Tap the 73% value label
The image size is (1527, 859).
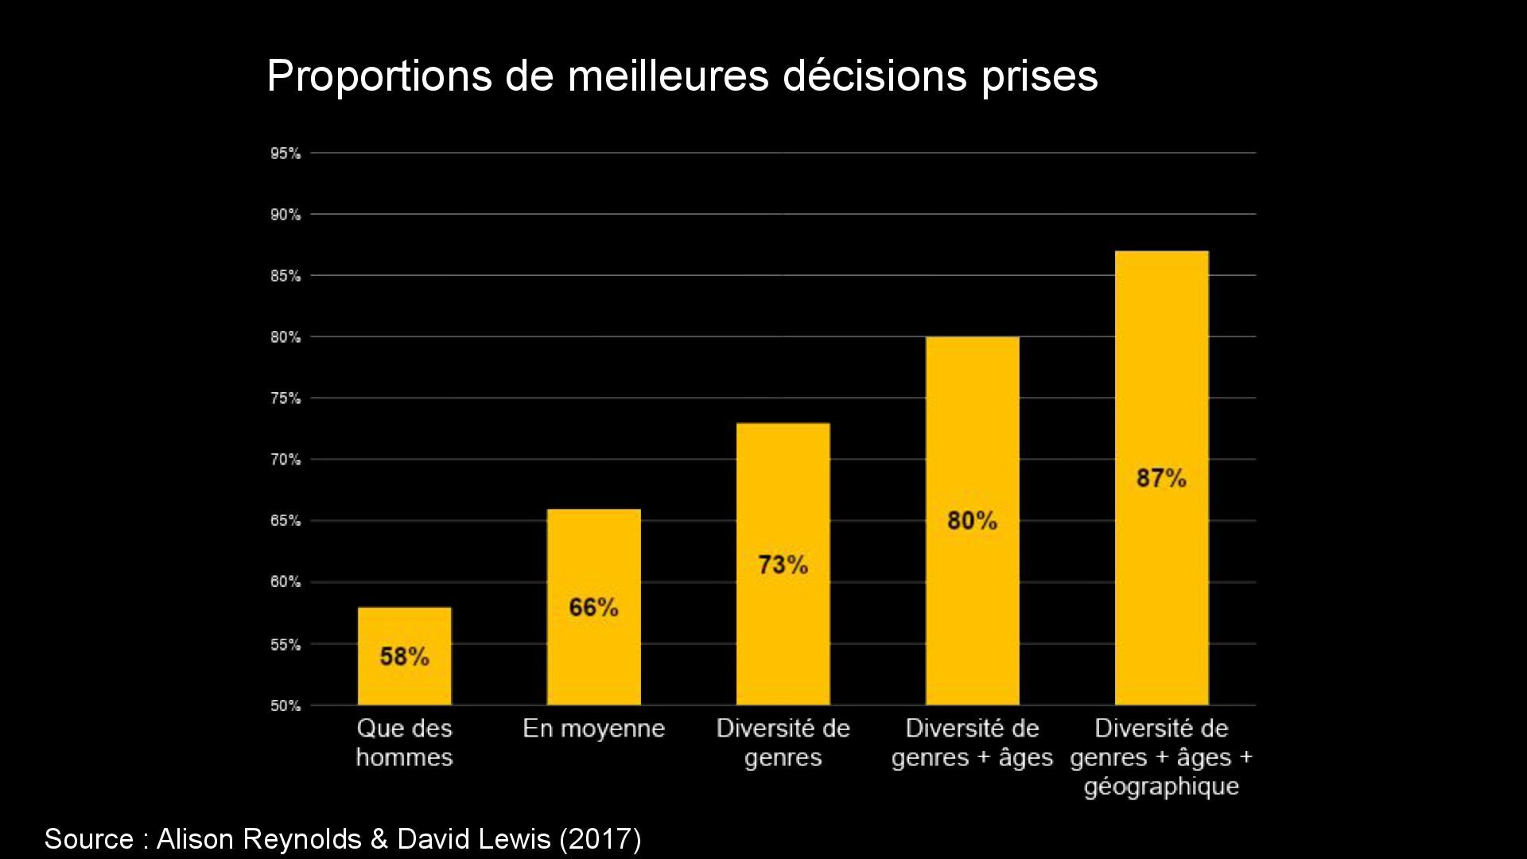click(783, 565)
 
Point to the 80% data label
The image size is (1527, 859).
click(972, 521)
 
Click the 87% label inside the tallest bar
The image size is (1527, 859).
click(1161, 478)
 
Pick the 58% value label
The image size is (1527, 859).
click(404, 657)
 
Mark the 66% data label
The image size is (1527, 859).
click(593, 608)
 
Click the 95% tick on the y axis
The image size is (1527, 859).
click(286, 154)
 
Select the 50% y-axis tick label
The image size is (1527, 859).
click(286, 705)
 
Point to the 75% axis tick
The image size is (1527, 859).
click(286, 398)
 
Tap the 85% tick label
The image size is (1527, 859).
click(286, 276)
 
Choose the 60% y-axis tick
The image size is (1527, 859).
click(286, 582)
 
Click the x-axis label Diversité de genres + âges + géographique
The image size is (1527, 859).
click(1161, 757)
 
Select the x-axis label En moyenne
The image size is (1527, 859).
click(593, 729)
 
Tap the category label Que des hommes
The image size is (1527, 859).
click(404, 743)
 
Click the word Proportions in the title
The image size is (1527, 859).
click(379, 77)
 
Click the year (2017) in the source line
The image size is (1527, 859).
click(600, 839)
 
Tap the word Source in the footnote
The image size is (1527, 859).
click(88, 839)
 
